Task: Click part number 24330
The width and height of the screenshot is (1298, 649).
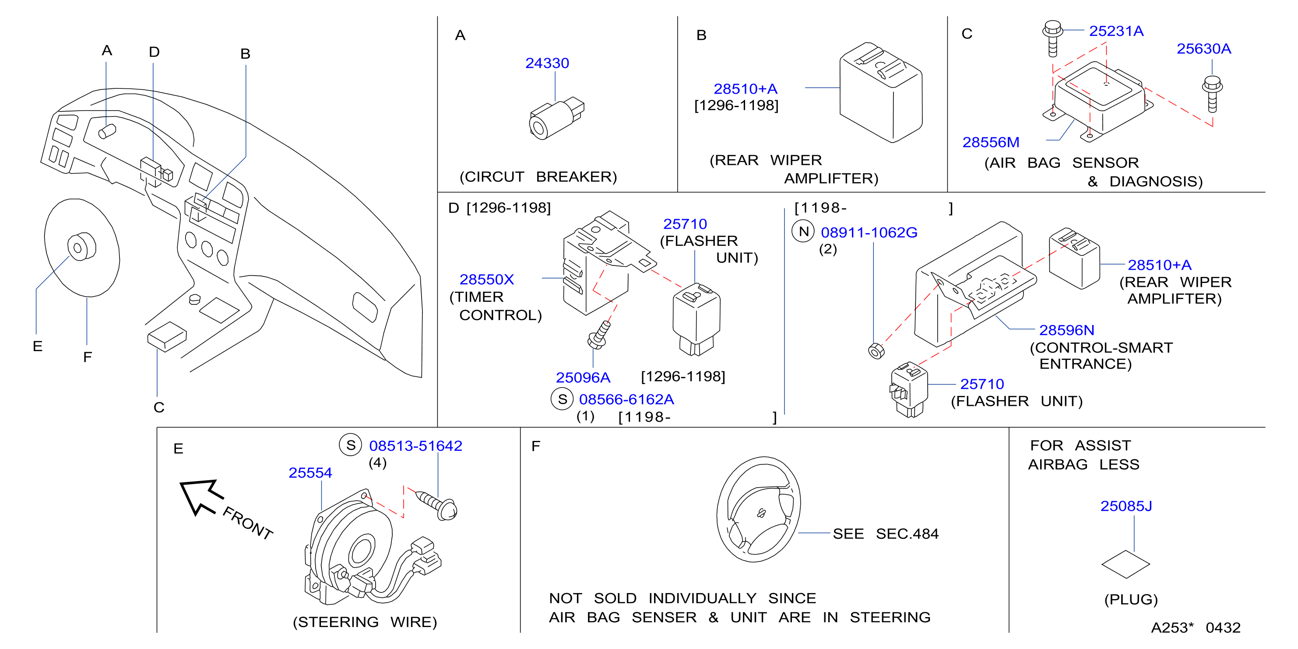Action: tap(547, 63)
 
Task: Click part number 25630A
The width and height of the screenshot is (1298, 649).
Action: tap(1203, 49)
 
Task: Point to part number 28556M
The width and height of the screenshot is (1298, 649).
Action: tap(991, 142)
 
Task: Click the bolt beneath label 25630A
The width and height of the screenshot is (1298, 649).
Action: tap(1212, 94)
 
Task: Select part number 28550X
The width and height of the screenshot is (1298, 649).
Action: tap(486, 279)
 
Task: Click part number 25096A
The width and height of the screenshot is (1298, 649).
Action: tap(583, 377)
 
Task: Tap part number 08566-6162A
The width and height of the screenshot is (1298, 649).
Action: tap(626, 399)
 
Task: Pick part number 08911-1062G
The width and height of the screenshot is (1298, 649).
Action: tap(869, 232)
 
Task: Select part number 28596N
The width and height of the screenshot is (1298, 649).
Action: tap(1066, 330)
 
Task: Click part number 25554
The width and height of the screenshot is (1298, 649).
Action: tap(310, 472)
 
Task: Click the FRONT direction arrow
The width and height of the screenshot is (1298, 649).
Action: tap(201, 496)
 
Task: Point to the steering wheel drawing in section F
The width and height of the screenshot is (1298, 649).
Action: tap(758, 509)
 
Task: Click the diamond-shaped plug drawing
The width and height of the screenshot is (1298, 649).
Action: tap(1125, 564)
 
